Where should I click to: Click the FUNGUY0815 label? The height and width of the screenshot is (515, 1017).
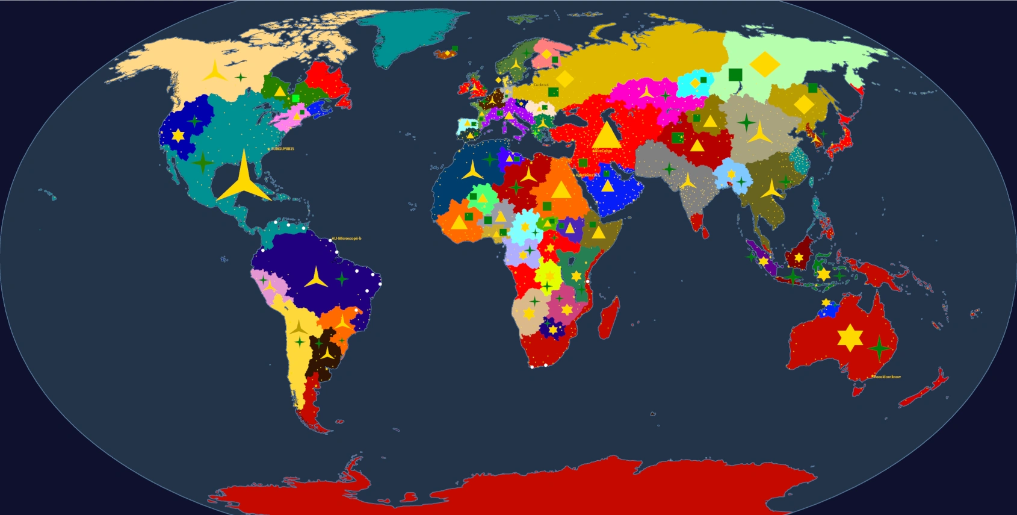click(x=282, y=149)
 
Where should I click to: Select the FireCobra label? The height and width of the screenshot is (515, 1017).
click(x=602, y=151)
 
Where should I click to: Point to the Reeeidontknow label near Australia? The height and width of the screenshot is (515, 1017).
click(x=887, y=377)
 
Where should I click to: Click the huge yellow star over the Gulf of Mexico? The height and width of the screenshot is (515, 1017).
click(x=244, y=180)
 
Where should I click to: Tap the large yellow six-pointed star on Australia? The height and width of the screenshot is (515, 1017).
click(x=850, y=338)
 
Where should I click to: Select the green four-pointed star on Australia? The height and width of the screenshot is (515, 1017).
click(x=879, y=348)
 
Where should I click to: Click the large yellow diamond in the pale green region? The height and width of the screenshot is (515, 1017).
click(x=765, y=64)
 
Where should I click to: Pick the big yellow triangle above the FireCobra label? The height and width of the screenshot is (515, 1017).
click(x=606, y=136)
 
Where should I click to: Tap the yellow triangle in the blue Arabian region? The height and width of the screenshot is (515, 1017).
click(x=608, y=186)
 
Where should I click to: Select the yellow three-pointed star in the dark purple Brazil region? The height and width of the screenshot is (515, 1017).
click(x=316, y=278)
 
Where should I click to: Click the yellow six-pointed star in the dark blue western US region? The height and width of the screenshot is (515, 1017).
click(x=178, y=136)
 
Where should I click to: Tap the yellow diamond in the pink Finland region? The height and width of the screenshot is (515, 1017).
click(x=546, y=55)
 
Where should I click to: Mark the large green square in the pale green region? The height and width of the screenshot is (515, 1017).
click(x=735, y=75)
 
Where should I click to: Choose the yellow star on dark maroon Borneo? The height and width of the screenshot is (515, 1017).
click(x=799, y=257)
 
